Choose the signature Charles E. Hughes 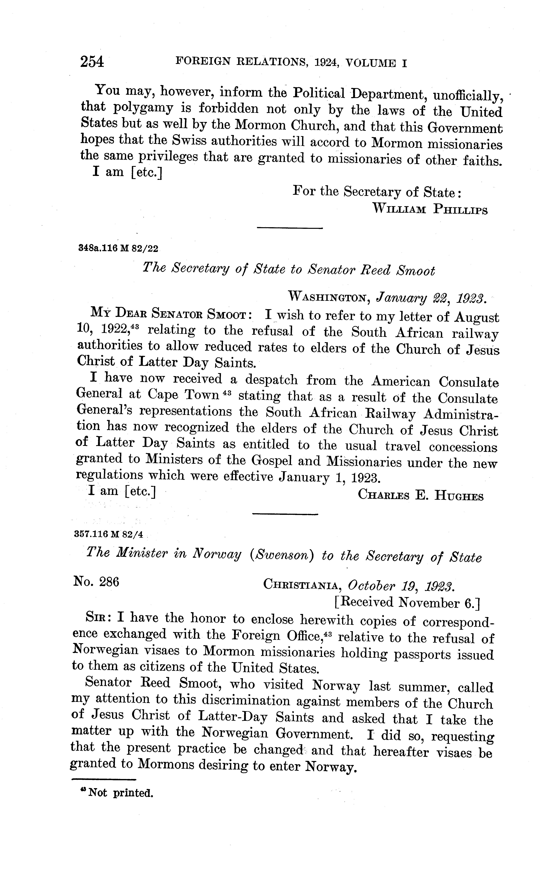click(x=421, y=496)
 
